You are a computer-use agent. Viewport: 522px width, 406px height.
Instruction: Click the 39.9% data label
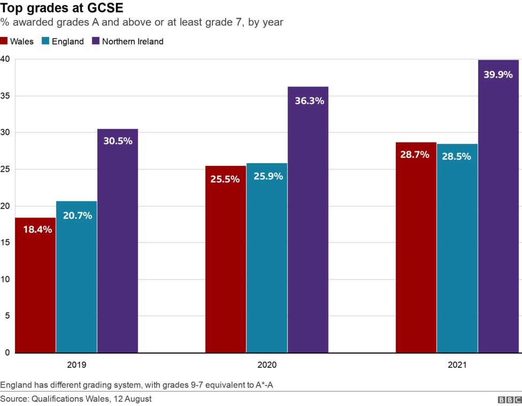click(x=498, y=75)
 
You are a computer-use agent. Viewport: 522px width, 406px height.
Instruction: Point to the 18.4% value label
click(x=37, y=229)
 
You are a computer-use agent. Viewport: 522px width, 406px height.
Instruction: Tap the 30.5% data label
click(x=118, y=141)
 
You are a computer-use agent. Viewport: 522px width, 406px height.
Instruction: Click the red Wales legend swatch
click(x=4, y=41)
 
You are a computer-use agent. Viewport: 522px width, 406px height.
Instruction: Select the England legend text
click(x=68, y=41)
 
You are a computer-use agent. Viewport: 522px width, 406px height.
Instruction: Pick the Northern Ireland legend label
click(x=133, y=41)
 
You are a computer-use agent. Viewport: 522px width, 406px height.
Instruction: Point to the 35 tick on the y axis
click(x=5, y=96)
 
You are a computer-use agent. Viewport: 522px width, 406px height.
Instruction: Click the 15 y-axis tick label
click(x=5, y=242)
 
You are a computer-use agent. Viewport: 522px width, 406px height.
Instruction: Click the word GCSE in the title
click(x=105, y=8)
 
